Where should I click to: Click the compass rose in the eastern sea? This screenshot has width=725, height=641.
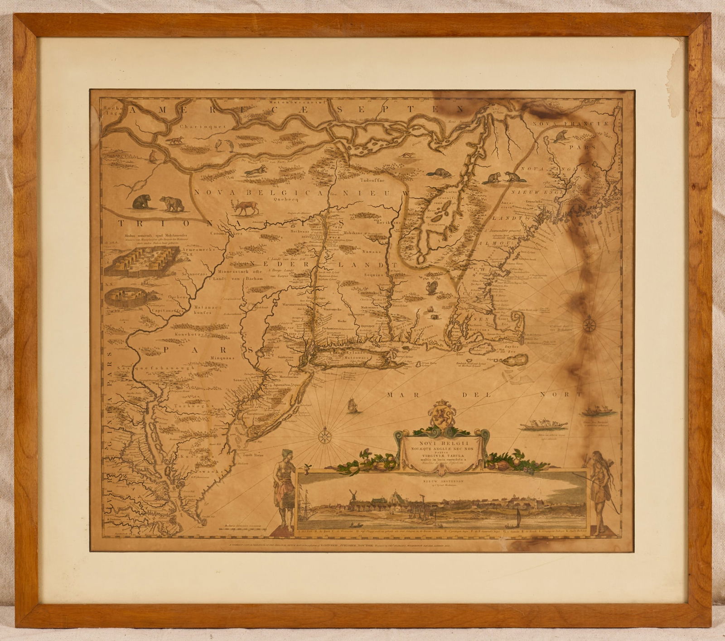(x=589, y=324)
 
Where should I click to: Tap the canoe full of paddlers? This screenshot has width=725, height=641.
(x=539, y=426)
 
